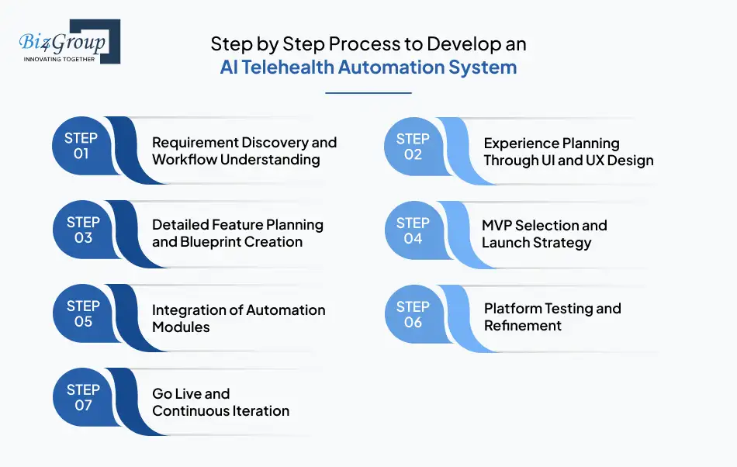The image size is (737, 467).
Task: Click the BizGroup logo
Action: (68, 42)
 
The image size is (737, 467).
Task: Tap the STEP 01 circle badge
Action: (81, 146)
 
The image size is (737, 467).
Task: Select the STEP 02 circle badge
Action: (413, 146)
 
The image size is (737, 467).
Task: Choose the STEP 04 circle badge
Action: (413, 230)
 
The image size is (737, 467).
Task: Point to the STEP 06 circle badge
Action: (413, 313)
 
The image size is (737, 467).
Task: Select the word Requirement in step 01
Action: (195, 143)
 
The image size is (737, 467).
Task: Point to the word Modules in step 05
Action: (181, 327)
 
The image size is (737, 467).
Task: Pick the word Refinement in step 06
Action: (522, 326)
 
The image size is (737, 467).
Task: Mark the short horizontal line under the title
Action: (368, 93)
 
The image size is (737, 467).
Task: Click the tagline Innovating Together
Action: (59, 59)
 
